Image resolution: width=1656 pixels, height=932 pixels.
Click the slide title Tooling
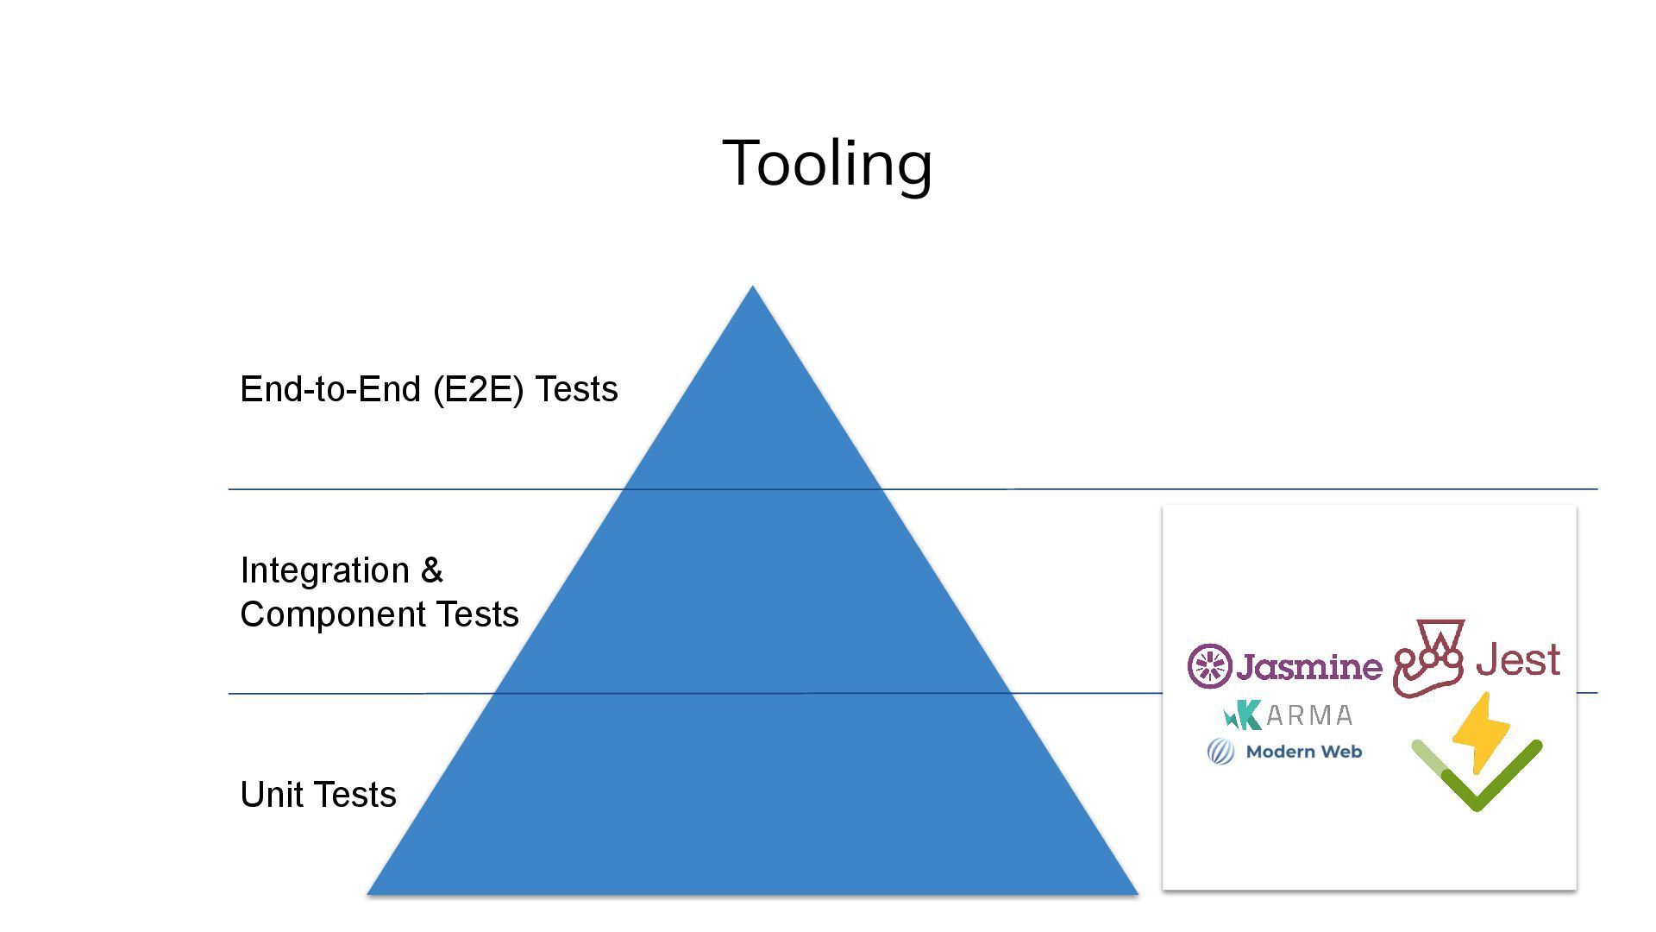[827, 163]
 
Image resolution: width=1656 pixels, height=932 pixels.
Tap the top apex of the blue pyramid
[752, 288]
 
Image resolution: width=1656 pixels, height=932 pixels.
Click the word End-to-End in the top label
[330, 389]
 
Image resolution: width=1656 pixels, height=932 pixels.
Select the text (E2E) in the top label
[479, 389]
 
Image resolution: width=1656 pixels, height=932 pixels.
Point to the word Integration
[324, 570]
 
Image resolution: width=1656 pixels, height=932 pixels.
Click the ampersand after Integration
[431, 570]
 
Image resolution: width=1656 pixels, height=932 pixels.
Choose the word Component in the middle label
[333, 614]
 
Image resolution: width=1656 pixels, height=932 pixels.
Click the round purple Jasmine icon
[1209, 665]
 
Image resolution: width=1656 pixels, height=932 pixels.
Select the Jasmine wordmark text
[1308, 666]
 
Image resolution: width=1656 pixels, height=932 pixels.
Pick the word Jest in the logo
[1518, 660]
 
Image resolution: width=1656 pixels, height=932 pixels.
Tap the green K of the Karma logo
[1244, 715]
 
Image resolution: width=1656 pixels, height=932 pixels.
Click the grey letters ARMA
[1309, 715]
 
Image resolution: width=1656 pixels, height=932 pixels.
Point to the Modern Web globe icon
[1220, 752]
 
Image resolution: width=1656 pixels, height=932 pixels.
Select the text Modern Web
[1304, 752]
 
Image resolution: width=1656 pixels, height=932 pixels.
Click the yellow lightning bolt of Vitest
[1480, 730]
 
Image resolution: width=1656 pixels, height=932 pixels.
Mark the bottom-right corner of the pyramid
[1136, 892]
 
